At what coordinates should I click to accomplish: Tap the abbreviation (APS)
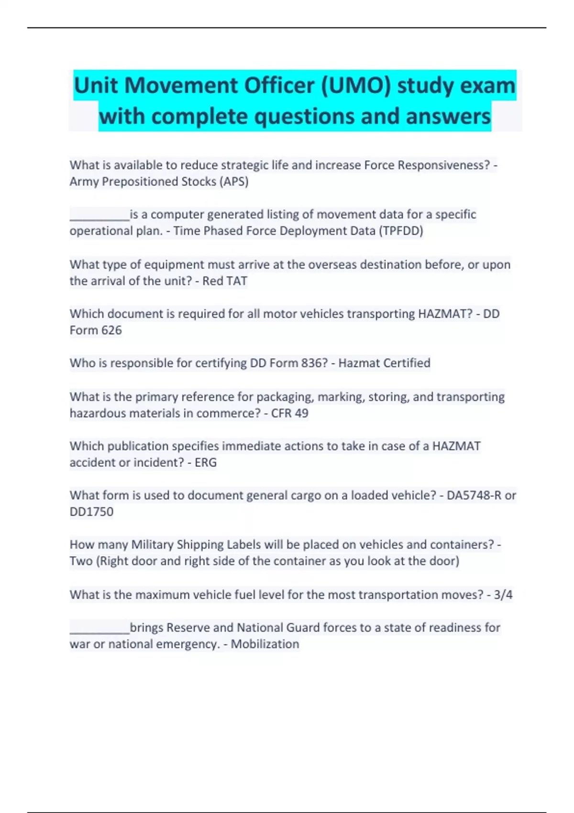point(234,182)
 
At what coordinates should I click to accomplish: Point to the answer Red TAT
point(225,281)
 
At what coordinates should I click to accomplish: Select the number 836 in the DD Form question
point(314,363)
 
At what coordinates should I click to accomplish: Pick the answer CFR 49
point(289,413)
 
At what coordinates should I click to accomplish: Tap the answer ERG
point(206,462)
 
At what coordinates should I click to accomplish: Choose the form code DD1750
point(91,512)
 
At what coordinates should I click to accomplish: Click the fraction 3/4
point(503,595)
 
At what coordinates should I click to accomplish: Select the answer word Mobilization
point(265,644)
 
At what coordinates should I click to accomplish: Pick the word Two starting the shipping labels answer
point(81,561)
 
